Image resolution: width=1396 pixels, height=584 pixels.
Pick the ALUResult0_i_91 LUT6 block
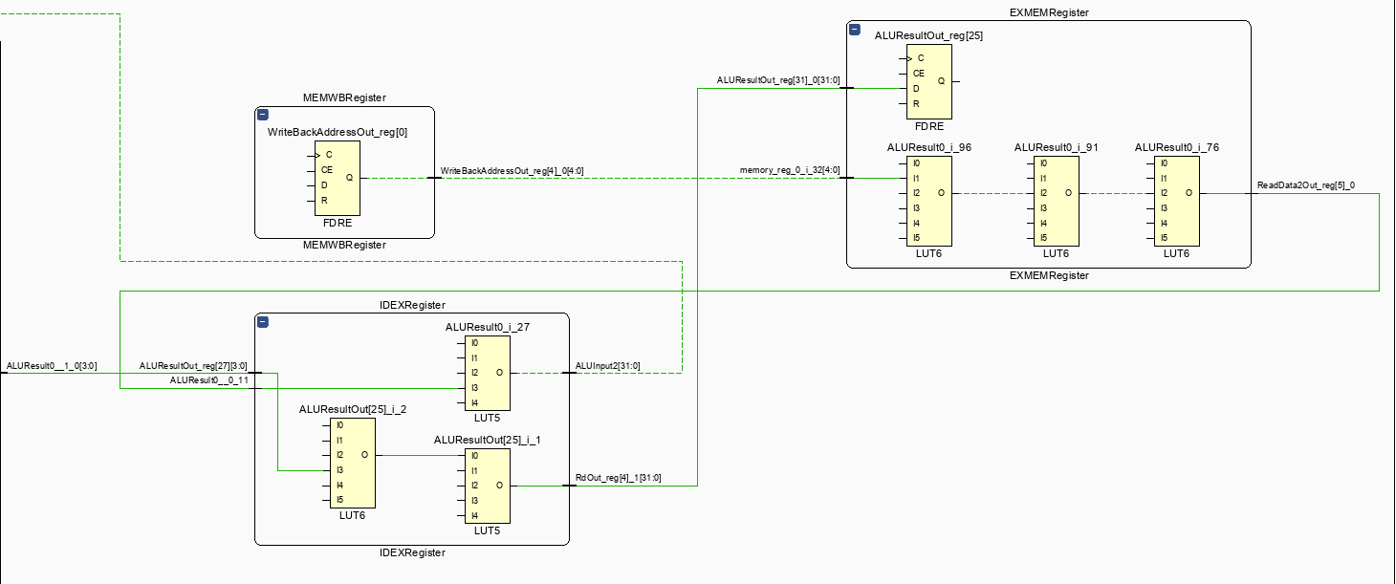(1056, 201)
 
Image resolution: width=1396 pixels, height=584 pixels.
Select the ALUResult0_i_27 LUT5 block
(487, 373)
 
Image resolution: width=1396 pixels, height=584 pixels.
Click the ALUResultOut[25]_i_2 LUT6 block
(353, 463)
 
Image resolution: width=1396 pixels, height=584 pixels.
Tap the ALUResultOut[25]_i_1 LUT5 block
(487, 486)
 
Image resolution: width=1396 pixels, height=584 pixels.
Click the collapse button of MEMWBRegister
(263, 115)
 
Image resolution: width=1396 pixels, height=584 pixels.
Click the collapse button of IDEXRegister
(263, 322)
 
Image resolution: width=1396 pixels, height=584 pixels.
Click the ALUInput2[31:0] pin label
(607, 366)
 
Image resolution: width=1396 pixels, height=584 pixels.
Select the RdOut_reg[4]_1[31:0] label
(618, 478)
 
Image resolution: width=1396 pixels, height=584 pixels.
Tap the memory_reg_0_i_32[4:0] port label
(789, 170)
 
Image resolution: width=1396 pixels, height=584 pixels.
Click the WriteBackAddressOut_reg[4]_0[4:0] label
(512, 171)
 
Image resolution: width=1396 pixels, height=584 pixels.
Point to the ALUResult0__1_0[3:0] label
(51, 365)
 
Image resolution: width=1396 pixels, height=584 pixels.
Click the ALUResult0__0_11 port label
(208, 380)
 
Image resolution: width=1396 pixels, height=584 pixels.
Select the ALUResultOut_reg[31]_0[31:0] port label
(778, 80)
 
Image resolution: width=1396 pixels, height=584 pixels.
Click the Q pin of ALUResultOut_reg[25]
(942, 81)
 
